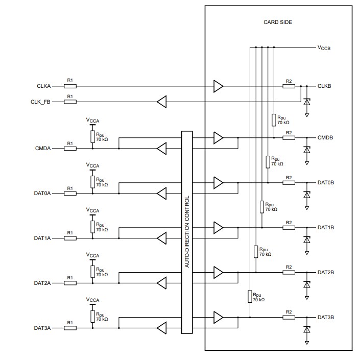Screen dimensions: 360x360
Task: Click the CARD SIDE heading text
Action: click(x=279, y=22)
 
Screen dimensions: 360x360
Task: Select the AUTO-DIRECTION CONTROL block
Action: click(x=187, y=233)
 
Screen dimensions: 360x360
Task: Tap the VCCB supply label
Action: click(x=324, y=47)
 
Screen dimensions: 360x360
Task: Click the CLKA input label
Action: click(x=44, y=86)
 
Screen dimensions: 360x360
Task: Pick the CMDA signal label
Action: click(x=43, y=149)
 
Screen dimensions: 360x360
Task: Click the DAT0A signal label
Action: click(x=43, y=194)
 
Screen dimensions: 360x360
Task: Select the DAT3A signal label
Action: click(x=43, y=327)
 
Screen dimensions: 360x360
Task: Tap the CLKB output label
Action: click(x=324, y=86)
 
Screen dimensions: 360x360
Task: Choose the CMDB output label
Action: click(x=325, y=138)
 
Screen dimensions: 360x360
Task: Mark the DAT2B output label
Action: click(x=325, y=272)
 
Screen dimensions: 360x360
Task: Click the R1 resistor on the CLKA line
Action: click(x=70, y=86)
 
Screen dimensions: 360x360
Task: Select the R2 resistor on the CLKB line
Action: click(x=289, y=86)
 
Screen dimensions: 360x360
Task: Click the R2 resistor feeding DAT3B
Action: click(x=289, y=317)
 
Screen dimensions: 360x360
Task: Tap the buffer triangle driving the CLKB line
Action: click(x=218, y=86)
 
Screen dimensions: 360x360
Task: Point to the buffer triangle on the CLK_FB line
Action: click(x=162, y=102)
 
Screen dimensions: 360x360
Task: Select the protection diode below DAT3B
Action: click(x=306, y=330)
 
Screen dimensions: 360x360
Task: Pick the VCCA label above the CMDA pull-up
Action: click(x=92, y=121)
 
